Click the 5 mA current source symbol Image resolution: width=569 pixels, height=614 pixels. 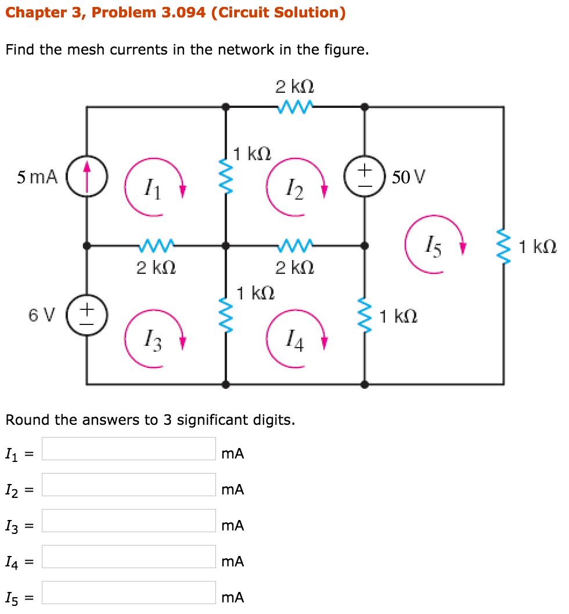tap(87, 175)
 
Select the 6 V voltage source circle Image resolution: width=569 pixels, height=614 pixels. tap(87, 315)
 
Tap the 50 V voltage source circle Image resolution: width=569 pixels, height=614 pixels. tap(365, 176)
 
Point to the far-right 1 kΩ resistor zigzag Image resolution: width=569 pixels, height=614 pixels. tap(503, 246)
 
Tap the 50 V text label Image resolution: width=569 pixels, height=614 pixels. tap(408, 176)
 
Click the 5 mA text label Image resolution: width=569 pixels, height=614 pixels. tap(37, 177)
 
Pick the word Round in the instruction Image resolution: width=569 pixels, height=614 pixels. tap(27, 420)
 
